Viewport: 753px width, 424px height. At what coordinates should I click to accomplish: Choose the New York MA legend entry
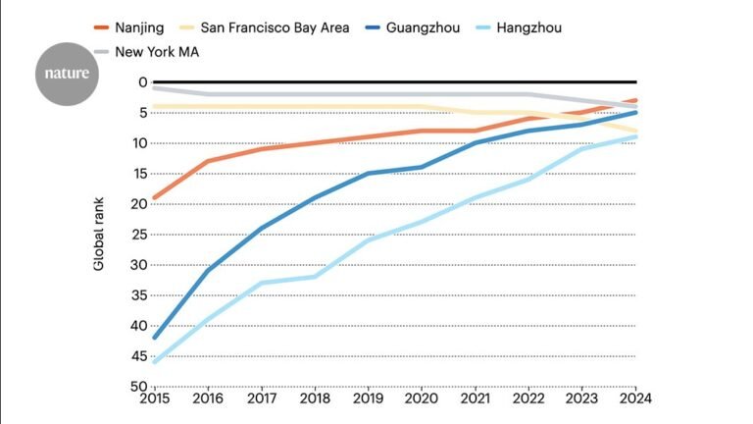(x=157, y=51)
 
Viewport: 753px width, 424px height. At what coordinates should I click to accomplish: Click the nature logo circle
(x=68, y=73)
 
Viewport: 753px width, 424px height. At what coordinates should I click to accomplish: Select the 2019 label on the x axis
(x=368, y=398)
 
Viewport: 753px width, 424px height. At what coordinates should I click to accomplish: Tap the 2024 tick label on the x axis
(x=635, y=398)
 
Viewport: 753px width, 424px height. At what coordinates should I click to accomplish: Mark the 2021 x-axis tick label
(x=475, y=398)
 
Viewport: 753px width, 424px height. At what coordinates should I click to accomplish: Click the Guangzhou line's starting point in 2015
(x=154, y=338)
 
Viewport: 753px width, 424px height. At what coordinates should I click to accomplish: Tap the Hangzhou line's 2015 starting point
(x=154, y=362)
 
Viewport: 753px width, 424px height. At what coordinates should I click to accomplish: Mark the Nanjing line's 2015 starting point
(x=154, y=197)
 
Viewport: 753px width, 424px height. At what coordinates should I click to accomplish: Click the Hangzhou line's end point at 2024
(x=636, y=136)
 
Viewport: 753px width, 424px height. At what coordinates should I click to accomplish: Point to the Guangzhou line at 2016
(x=207, y=270)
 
